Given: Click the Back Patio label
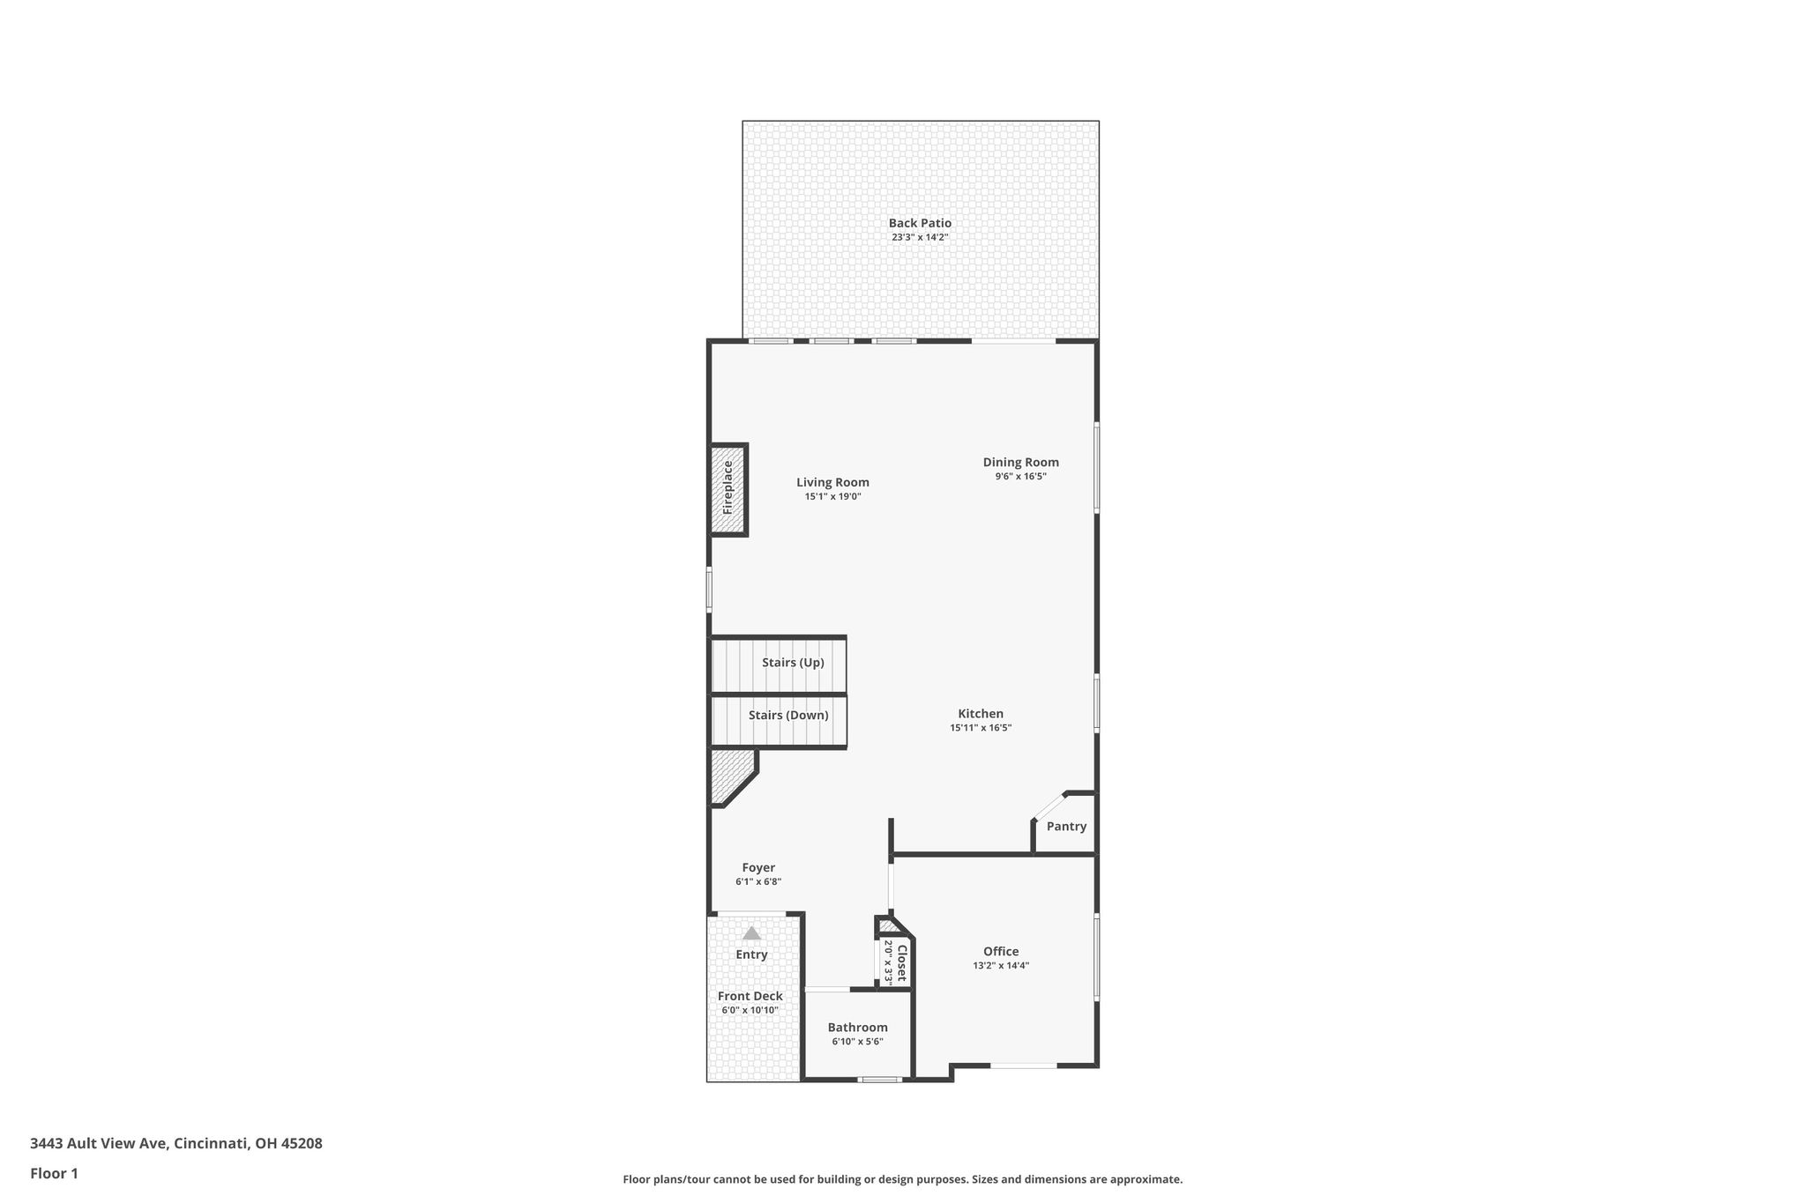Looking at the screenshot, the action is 920,223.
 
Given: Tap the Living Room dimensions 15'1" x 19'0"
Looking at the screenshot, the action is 832,497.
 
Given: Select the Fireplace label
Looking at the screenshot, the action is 728,487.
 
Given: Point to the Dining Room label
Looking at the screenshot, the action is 1021,463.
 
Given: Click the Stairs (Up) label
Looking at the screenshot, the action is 793,663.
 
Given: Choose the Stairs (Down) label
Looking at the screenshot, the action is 788,716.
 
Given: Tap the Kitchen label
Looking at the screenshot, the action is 981,714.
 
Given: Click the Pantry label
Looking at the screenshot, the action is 1066,827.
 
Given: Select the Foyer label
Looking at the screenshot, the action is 758,868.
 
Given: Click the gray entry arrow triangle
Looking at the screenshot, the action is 751,933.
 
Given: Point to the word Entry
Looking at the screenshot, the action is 751,954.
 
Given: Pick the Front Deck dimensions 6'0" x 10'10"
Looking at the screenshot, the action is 750,1011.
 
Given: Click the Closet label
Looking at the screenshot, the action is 901,963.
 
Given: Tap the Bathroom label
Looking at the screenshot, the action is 857,1028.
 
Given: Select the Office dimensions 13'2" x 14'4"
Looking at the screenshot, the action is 1001,966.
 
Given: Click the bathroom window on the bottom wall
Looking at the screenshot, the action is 880,1080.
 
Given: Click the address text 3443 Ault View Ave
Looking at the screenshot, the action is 98,1144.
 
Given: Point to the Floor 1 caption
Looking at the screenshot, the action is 54,1174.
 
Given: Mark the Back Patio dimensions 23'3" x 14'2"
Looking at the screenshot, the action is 920,237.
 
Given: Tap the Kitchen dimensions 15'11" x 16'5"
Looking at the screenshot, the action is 981,728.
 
